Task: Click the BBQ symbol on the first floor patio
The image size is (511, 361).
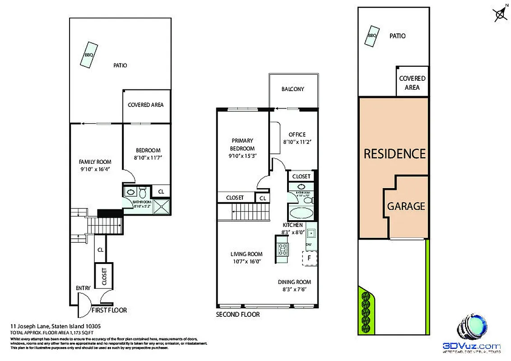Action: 88,55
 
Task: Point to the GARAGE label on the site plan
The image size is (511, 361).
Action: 406,206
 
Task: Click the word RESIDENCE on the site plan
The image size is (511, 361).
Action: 395,154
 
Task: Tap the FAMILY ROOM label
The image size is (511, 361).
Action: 95,162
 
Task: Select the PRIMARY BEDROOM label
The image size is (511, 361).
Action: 242,144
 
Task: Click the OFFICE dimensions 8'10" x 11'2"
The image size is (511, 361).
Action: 297,142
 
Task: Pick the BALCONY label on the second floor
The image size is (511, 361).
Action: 293,89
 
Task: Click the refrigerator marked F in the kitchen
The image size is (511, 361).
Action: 310,258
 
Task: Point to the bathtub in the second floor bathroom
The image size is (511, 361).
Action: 297,213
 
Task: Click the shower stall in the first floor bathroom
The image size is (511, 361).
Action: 160,206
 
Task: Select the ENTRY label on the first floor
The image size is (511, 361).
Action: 83,288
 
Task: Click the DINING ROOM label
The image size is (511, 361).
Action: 294,282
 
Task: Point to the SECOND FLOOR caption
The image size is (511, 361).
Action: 238,315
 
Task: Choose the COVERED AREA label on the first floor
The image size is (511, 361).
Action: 145,105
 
